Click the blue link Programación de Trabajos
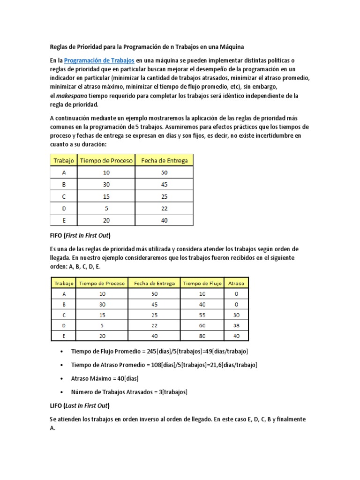point(99,60)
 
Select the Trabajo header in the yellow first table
point(64,160)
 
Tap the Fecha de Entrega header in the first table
point(164,160)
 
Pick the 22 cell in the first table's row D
point(164,208)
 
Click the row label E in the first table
point(64,220)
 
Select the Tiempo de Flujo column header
point(202,283)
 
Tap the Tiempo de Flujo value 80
point(202,336)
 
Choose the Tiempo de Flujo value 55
point(202,315)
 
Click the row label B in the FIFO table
point(64,304)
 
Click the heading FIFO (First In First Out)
point(82,235)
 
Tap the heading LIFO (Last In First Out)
point(82,405)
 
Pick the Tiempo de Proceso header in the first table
point(106,160)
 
